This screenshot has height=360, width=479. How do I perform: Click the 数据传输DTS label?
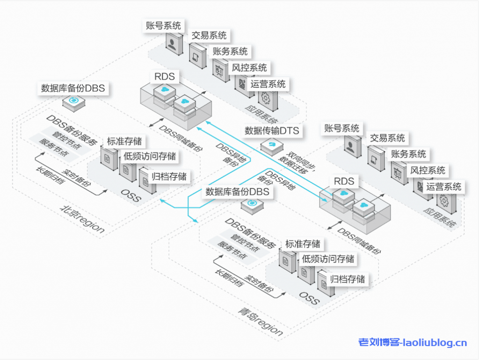(272, 130)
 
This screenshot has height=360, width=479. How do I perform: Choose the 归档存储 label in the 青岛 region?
(348, 279)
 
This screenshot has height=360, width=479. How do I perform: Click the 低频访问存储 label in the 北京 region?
(150, 156)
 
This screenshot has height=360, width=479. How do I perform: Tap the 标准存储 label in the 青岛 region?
(303, 244)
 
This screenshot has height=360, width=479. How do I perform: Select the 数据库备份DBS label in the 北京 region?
(73, 88)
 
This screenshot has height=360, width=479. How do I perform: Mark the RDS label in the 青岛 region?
(344, 181)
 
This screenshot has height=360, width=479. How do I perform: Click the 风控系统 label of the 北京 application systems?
(249, 68)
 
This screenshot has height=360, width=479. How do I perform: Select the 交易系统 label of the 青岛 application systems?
(387, 138)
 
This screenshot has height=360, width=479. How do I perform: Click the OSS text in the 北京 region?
(131, 196)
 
